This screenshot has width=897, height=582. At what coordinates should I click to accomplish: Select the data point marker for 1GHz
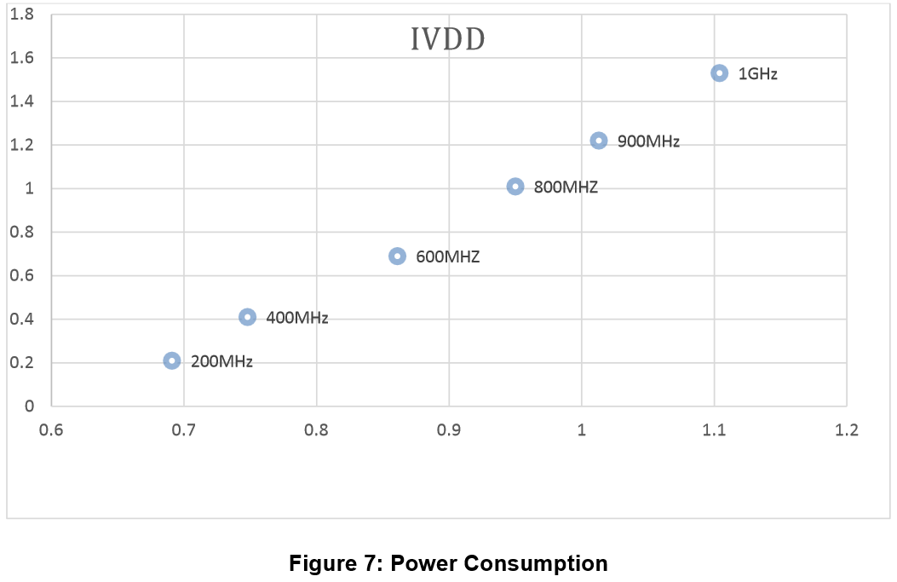coord(720,73)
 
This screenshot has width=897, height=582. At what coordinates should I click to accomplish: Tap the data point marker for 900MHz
coord(599,141)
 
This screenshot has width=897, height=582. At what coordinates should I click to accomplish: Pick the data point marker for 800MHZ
coord(515,187)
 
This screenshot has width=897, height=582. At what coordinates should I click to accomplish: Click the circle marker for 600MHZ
coord(398,256)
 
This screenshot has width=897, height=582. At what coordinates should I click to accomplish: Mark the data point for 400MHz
coord(248,317)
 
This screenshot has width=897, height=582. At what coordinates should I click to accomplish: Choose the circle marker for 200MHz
coord(172,361)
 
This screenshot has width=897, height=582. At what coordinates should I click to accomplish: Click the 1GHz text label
coord(757,74)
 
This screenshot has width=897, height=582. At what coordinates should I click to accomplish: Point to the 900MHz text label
coord(648,141)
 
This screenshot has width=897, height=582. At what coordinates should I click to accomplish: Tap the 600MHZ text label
coord(447,256)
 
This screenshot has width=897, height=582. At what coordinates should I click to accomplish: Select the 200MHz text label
coord(221,361)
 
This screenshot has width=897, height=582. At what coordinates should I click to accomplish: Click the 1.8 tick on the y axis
coord(23,14)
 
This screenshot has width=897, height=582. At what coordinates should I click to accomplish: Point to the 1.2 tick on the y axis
coord(23,145)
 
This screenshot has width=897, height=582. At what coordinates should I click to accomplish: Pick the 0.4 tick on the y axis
coord(23,320)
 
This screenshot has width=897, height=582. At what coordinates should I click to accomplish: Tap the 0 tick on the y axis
coord(29,406)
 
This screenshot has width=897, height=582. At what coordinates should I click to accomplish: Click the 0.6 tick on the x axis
coord(52,430)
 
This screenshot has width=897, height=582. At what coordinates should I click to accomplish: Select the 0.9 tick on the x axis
coord(449,430)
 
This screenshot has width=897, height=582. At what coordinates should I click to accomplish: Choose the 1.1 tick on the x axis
coord(714,430)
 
